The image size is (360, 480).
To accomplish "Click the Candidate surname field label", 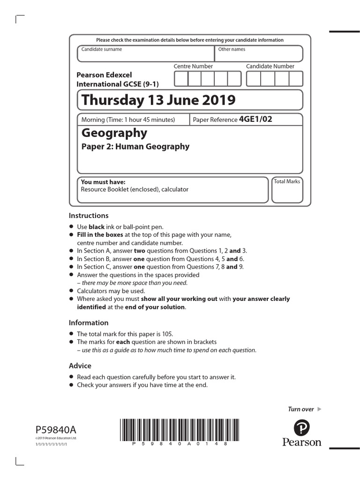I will [102, 49].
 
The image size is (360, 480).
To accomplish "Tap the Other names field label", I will [232, 49].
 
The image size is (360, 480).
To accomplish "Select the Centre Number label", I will [193, 67].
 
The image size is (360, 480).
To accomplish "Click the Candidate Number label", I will [270, 67].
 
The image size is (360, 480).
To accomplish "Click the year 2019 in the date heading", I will [218, 100].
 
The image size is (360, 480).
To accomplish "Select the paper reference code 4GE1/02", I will [255, 119].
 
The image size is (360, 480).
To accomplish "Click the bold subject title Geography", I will [114, 133].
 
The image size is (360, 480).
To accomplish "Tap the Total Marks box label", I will [287, 181].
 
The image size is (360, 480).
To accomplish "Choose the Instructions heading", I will [89, 216].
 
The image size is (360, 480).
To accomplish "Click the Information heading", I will [89, 322].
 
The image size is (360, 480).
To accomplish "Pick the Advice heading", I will [80, 366].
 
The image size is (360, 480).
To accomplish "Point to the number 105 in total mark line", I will [167, 334].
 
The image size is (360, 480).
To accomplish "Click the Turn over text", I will [300, 409].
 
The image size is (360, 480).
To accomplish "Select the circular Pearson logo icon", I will [302, 427].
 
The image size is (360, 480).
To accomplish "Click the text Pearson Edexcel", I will [104, 75].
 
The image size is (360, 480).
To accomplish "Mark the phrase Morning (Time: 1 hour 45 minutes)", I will [128, 120].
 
